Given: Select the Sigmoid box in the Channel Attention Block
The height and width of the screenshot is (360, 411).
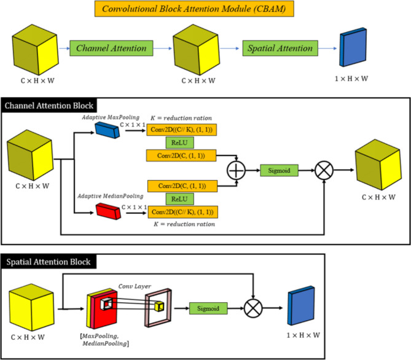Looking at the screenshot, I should pyautogui.click(x=279, y=170).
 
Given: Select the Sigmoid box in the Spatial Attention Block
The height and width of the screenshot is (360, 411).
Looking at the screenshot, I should pyautogui.click(x=208, y=308).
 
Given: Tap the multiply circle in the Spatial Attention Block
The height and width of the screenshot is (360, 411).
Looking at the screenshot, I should pyautogui.click(x=252, y=308).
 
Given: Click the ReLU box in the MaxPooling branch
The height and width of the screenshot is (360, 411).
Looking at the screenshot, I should pyautogui.click(x=180, y=143).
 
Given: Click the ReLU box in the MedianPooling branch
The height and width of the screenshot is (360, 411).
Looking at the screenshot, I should pyautogui.click(x=180, y=198).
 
